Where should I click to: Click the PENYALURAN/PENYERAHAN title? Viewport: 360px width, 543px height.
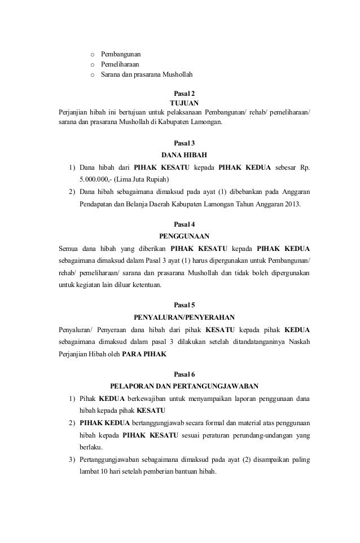pos(185,317)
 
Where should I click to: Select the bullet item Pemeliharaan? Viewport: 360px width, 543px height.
pos(120,65)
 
